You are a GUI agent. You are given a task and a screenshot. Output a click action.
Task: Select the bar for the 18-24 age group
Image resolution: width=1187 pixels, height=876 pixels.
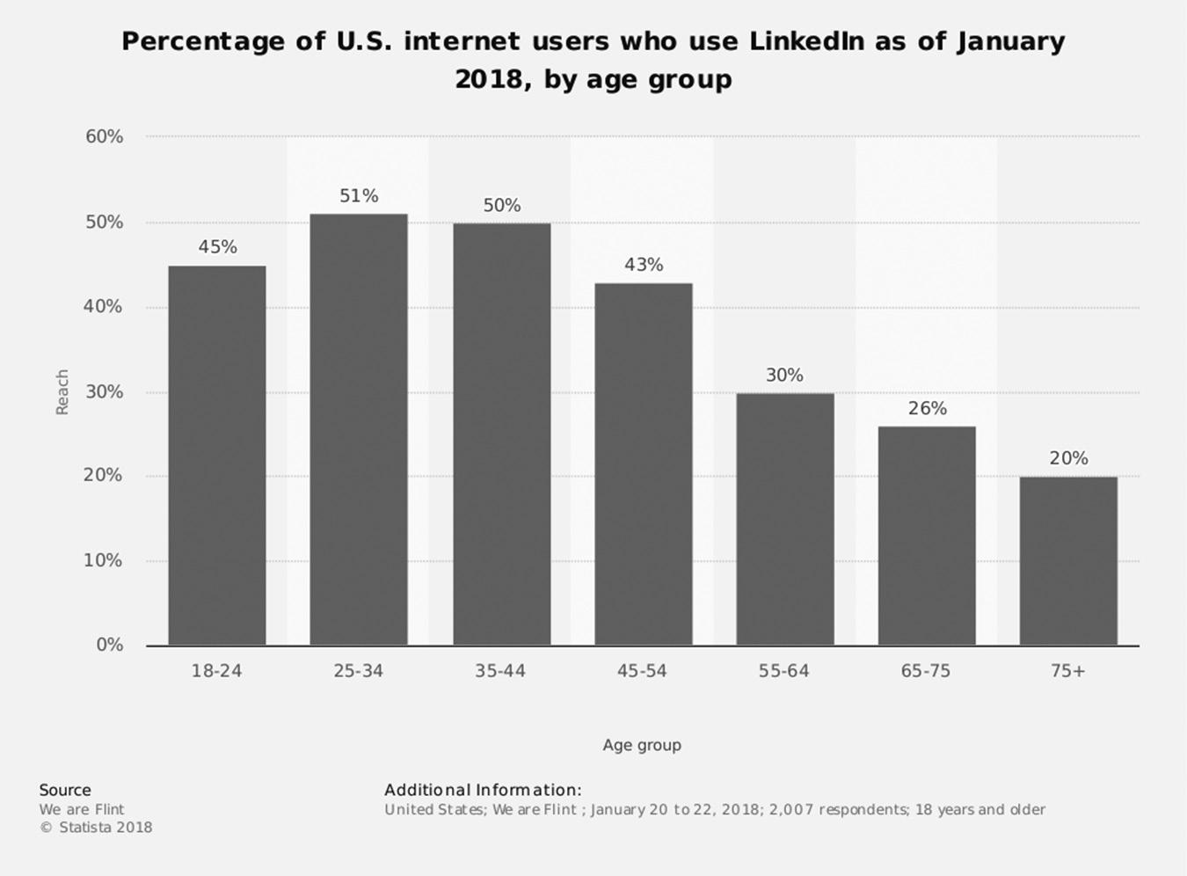click(216, 456)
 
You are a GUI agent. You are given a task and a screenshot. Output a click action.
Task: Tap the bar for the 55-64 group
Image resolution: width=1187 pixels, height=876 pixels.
click(784, 519)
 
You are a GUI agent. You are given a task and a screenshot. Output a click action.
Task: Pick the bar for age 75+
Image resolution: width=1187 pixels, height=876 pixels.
click(1067, 561)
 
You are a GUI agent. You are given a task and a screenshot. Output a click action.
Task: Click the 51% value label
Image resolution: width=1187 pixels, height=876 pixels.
click(359, 196)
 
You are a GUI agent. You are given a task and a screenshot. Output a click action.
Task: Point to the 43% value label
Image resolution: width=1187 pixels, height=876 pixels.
click(644, 265)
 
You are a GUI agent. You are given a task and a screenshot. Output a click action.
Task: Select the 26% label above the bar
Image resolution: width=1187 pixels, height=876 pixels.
click(927, 408)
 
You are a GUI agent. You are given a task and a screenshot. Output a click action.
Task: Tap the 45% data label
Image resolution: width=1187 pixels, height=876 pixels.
click(217, 247)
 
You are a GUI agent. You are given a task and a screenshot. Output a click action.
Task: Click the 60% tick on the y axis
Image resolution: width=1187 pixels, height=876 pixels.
click(104, 136)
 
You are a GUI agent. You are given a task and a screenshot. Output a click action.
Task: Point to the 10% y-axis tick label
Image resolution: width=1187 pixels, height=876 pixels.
click(104, 560)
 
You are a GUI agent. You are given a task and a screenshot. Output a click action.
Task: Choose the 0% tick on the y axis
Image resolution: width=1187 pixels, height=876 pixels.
click(109, 645)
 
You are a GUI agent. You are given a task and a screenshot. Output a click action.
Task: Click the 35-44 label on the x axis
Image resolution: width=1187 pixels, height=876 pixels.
click(500, 671)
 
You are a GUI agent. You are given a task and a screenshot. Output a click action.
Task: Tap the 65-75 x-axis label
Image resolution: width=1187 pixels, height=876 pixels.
click(926, 671)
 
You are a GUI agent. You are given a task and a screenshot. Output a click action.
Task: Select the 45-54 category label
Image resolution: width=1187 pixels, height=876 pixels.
click(642, 671)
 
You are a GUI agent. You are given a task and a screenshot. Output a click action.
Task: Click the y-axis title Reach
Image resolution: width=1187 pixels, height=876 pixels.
click(62, 391)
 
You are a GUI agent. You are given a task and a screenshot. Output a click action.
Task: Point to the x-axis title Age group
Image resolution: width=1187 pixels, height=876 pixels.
click(642, 745)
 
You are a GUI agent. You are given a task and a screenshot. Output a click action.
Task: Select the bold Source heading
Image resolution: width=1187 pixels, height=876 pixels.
click(65, 790)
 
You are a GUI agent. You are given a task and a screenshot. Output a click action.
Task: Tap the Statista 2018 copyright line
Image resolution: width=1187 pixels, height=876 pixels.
click(96, 827)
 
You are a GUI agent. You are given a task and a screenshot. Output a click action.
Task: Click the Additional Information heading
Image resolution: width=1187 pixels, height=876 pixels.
click(483, 790)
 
